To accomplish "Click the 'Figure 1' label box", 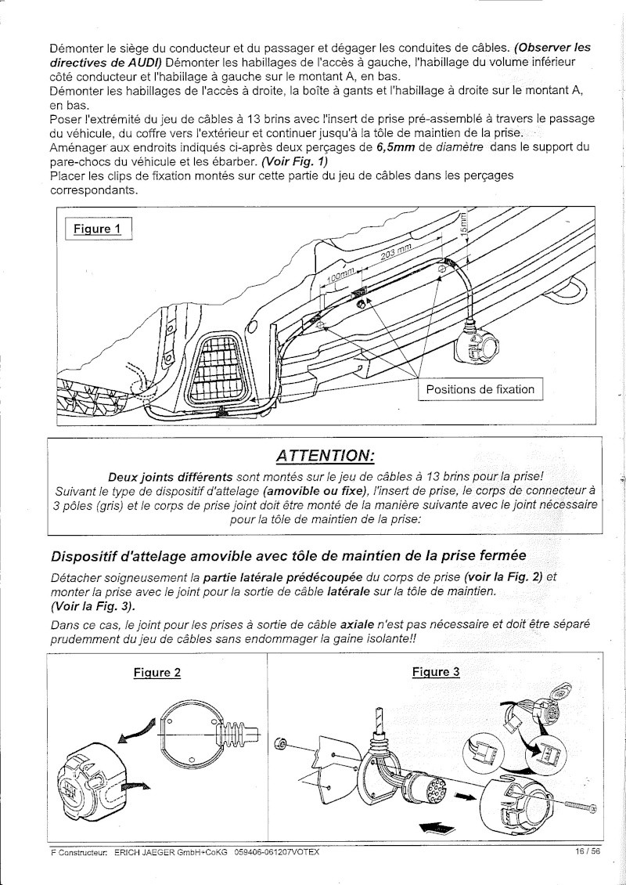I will (98, 229).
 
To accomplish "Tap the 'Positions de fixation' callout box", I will (480, 389).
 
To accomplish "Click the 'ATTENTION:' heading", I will (325, 456).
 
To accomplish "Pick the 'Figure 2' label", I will (157, 673).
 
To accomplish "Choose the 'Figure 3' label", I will (436, 671).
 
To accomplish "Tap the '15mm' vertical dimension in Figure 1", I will (463, 224).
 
